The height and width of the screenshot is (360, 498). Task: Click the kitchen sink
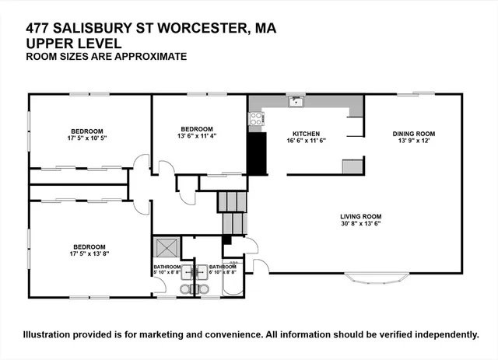295,100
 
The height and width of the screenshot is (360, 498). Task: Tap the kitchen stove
254,119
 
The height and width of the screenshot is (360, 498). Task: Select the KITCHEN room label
306,133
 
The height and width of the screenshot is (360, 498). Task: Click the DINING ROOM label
413,133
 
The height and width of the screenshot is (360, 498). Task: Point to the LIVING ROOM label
359,216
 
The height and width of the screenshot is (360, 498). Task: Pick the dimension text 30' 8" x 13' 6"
359,223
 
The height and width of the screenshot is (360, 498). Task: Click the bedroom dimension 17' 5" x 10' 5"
88,138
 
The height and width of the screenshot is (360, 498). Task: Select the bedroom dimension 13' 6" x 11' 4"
197,136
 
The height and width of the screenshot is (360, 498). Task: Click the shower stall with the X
167,247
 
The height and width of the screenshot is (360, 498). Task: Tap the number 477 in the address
40,30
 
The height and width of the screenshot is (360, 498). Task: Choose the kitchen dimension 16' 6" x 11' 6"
306,140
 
